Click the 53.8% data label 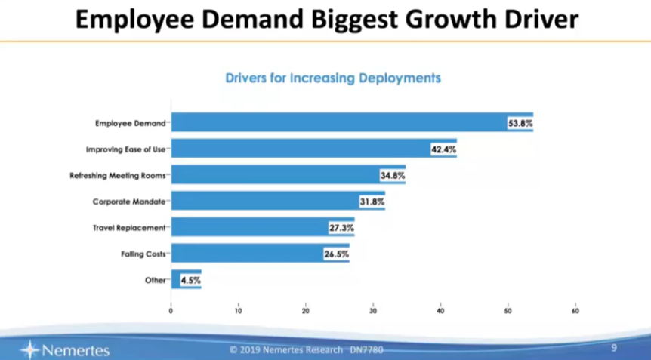520,123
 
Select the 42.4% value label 443,149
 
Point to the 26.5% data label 336,254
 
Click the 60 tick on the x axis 575,310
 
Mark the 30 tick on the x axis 373,310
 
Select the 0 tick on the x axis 171,310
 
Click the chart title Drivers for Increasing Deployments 333,78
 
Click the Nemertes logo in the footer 66,349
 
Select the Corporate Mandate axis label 129,202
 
